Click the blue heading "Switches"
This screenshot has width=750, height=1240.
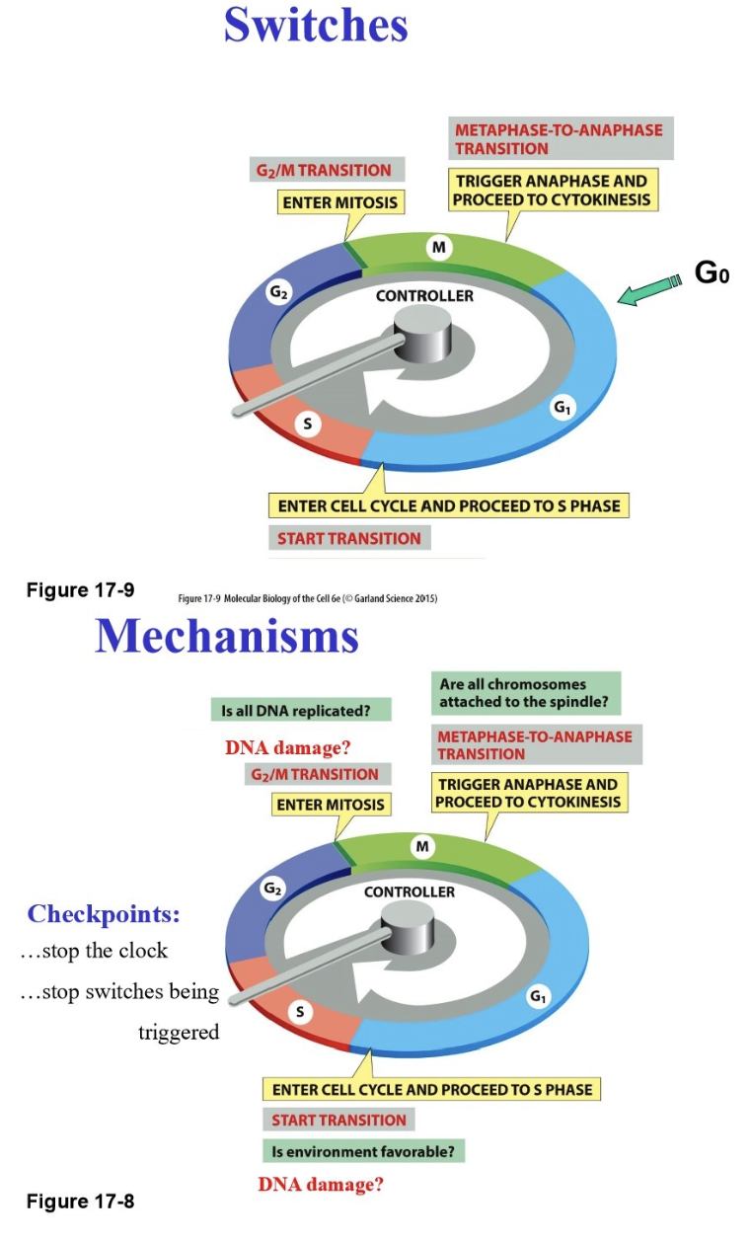(316, 25)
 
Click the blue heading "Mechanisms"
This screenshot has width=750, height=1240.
(227, 637)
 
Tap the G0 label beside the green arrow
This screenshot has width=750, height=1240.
(712, 273)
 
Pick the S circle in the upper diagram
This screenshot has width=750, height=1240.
(308, 425)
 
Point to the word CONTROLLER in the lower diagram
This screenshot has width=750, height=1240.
(410, 891)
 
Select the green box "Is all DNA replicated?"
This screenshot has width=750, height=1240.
(301, 710)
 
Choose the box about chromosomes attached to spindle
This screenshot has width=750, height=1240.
(526, 695)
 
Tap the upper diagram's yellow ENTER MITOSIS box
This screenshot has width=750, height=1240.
(340, 202)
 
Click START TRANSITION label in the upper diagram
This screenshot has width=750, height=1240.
(348, 538)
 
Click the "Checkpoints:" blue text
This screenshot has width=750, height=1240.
(104, 914)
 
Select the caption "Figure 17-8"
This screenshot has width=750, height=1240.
(80, 1201)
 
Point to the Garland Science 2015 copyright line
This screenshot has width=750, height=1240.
(307, 598)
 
